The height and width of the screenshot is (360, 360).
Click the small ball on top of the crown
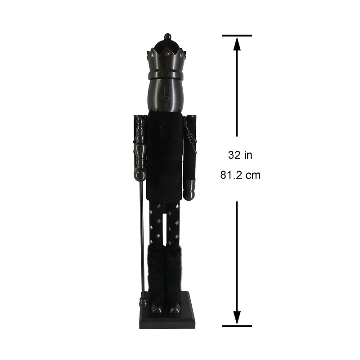coord(167,36)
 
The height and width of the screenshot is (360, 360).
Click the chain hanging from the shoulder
coord(191,137)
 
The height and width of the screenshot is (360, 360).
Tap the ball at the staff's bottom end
coord(143,304)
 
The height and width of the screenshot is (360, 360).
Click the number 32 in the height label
coord(234,155)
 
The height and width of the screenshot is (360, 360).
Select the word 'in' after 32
coord(248,155)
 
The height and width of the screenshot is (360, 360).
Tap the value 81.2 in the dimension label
coord(231,175)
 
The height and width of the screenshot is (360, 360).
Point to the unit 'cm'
coord(252,175)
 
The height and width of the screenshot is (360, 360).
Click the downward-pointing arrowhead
coord(237,318)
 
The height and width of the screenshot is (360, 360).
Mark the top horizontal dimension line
coord(237,35)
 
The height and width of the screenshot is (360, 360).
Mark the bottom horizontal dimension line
coord(237,325)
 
